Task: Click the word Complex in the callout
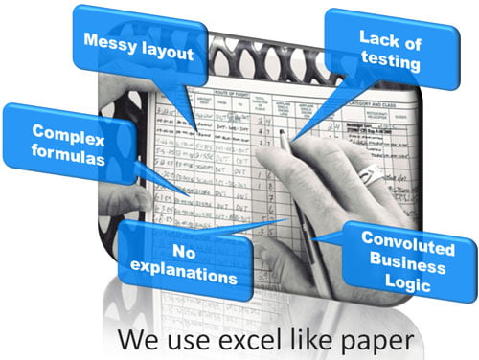[x=60, y=131]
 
